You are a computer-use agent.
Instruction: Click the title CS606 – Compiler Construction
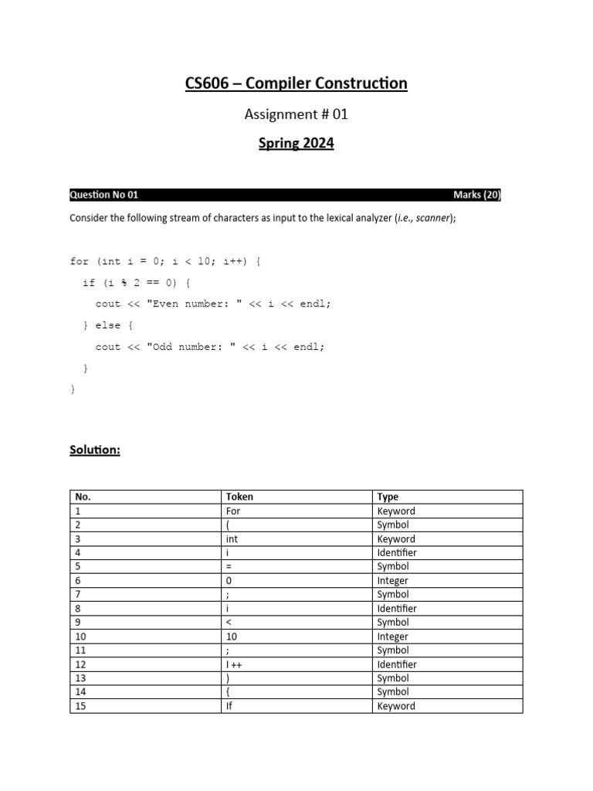point(296,83)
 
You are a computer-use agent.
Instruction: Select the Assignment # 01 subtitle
point(296,114)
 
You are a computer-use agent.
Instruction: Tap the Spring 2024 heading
point(296,144)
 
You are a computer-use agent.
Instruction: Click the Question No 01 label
point(104,195)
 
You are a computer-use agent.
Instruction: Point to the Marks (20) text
point(476,195)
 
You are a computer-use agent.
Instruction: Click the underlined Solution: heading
point(95,450)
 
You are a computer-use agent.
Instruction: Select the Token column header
point(239,497)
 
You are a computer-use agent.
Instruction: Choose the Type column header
point(388,497)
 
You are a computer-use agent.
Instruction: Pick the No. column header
point(82,497)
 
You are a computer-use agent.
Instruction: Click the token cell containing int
point(233,539)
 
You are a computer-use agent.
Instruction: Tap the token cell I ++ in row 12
point(236,664)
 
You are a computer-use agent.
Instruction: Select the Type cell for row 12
point(397,664)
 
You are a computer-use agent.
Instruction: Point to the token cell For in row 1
point(233,511)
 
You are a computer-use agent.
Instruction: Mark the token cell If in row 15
point(229,706)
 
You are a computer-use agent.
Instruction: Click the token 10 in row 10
point(232,637)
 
